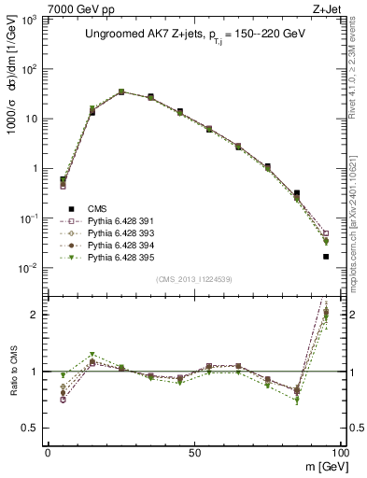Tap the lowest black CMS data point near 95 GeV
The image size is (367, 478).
(326, 256)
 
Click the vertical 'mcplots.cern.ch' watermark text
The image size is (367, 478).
(357, 233)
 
